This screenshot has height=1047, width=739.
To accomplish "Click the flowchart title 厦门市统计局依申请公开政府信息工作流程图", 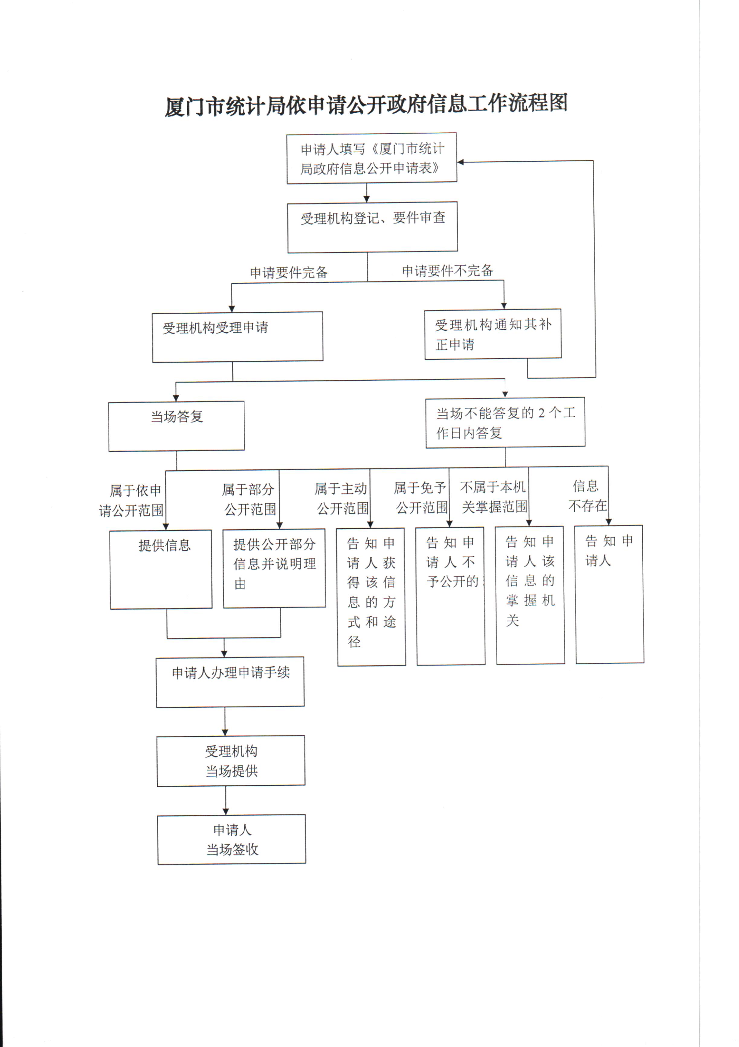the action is (366, 105).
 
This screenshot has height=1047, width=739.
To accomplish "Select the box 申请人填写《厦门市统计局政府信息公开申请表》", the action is (372, 158).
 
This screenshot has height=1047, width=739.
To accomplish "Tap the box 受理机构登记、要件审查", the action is (373, 227).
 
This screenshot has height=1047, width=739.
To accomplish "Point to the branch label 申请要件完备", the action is (289, 273).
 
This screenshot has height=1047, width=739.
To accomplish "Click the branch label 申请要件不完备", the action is (447, 271).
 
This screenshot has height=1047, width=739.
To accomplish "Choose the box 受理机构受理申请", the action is (238, 337).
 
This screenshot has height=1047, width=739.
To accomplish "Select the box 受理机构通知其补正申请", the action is (493, 334).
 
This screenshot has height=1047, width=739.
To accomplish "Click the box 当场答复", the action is (176, 426).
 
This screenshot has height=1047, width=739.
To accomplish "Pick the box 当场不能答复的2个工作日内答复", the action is (505, 423).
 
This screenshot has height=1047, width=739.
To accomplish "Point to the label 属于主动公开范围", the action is (342, 498).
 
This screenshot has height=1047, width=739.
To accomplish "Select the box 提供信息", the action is (161, 569).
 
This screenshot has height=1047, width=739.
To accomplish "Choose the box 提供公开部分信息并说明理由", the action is (274, 568).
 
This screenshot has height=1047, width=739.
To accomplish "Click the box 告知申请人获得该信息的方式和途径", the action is (371, 597).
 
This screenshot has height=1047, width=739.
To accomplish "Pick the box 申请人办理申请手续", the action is (230, 682).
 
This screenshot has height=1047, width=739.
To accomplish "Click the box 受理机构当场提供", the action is (231, 761).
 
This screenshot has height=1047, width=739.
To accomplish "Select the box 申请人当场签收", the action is (232, 839).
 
